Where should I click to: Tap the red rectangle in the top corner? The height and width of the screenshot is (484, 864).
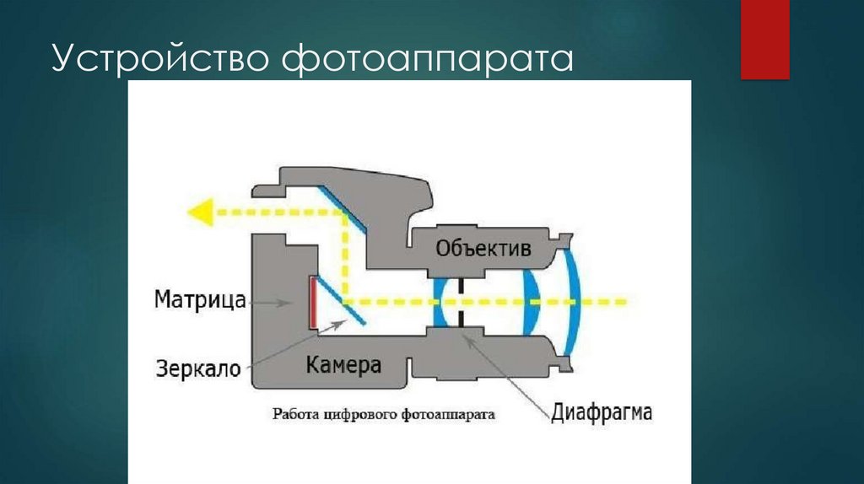tap(764, 39)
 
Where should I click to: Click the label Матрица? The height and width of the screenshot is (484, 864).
tap(200, 299)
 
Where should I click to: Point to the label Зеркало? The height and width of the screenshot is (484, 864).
tap(198, 368)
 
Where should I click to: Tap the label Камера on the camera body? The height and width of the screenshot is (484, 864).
tap(343, 365)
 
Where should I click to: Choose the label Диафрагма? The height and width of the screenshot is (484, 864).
tap(602, 413)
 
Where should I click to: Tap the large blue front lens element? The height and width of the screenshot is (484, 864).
tap(574, 300)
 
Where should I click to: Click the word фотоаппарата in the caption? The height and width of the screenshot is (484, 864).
tap(448, 414)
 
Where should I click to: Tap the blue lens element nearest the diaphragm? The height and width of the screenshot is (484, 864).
tap(438, 301)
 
